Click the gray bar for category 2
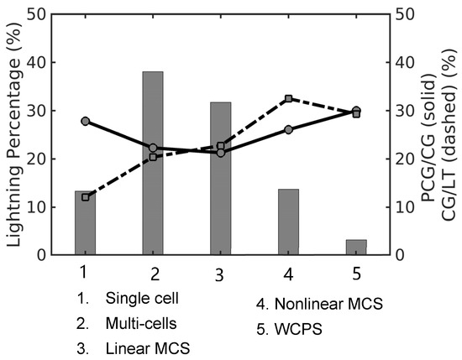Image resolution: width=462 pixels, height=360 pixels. [x=153, y=163]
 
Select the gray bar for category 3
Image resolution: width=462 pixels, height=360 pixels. [x=220, y=178]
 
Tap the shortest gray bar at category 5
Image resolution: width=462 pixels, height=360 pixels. [x=356, y=247]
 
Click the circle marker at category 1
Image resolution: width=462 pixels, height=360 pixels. [x=86, y=121]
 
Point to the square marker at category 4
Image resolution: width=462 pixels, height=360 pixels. [x=288, y=98]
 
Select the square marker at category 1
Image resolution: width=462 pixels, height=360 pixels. [x=86, y=196]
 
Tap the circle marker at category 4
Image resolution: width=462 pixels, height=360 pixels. [x=288, y=129]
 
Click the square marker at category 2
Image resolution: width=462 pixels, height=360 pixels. [x=153, y=157]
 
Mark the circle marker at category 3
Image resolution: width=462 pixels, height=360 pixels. [x=220, y=153]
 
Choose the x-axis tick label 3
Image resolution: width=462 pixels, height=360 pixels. [x=220, y=274]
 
